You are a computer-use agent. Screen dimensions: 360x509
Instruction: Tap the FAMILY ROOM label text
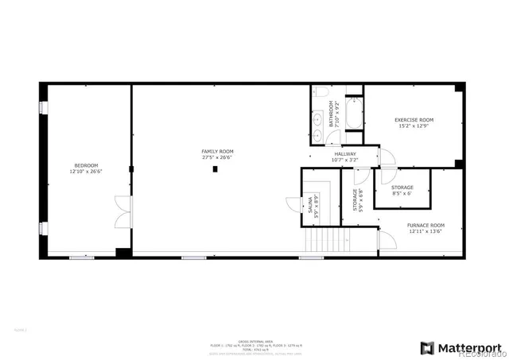(216, 151)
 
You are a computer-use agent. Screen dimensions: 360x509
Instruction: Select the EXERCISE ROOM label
(414, 120)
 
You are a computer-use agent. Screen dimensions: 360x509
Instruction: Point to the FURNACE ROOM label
(426, 225)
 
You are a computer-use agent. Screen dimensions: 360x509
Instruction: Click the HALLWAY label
(344, 153)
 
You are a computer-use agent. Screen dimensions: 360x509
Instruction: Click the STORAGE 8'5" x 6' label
(402, 188)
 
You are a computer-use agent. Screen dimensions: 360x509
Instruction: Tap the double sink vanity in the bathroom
(319, 122)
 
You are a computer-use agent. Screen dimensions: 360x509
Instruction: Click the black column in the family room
(215, 168)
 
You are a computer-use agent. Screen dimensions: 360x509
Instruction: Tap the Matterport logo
(460, 347)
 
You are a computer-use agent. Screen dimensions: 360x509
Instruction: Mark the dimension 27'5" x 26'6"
(216, 157)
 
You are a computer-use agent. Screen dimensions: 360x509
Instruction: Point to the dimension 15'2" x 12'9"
(414, 126)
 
